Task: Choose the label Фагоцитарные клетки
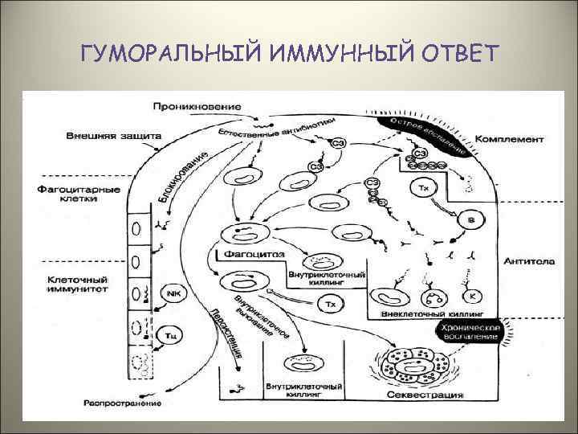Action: coord(67,194)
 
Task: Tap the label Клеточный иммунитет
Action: coord(67,285)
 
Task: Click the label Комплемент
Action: coord(509,139)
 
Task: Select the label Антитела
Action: coord(523,260)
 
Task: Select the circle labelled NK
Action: coord(172,294)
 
